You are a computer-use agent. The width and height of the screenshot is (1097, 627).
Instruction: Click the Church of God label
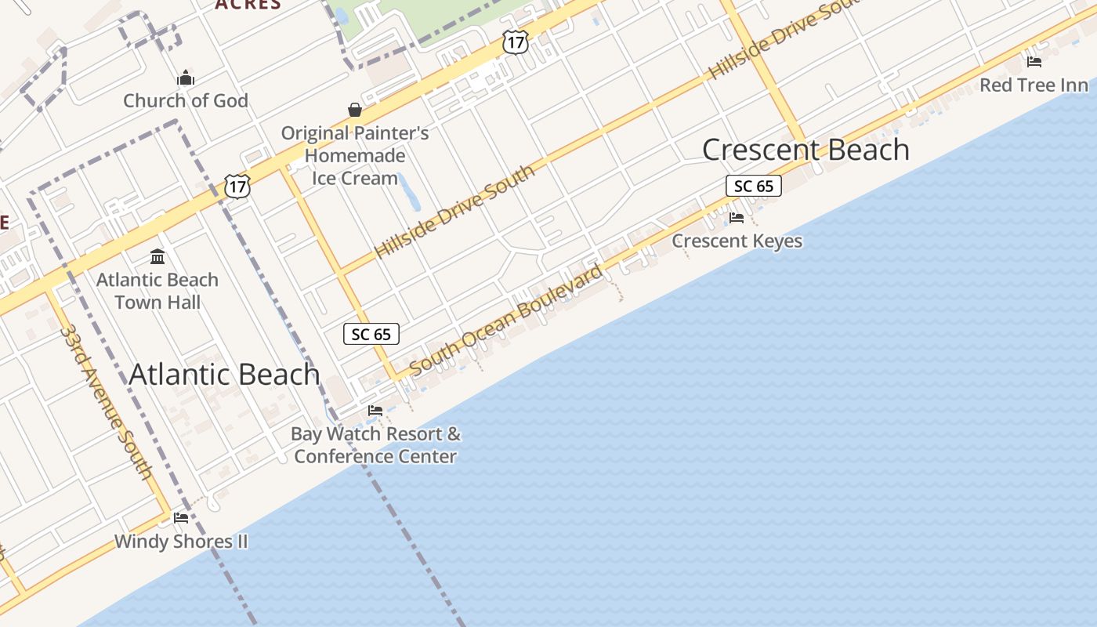pos(186,100)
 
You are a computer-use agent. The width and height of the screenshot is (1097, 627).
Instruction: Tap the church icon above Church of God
pos(186,77)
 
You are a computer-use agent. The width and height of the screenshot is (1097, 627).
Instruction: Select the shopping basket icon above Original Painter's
pos(355,110)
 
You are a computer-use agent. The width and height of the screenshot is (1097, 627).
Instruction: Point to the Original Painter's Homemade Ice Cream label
pos(355,155)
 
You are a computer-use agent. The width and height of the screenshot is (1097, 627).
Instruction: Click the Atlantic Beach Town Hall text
pos(157,291)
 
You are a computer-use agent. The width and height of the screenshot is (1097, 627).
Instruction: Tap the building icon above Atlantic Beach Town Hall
pos(157,256)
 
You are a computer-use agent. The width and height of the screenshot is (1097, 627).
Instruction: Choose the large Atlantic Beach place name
pos(224,375)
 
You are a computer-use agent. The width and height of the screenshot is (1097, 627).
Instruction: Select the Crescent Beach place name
pos(806,150)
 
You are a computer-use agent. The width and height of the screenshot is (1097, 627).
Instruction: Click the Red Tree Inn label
pos(1034,85)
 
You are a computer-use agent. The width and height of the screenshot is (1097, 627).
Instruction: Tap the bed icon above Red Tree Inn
pos(1034,61)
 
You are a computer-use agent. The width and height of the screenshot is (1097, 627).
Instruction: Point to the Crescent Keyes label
pos(737,241)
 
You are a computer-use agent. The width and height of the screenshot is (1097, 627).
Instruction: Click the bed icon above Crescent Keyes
pos(737,217)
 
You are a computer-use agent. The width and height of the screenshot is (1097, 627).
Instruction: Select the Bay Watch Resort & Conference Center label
pos(375,444)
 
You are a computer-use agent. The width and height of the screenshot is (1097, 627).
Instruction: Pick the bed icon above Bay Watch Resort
pos(375,410)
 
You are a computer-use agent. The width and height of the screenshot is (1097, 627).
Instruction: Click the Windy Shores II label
pos(181,541)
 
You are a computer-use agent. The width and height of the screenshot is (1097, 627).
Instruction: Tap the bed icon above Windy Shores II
pos(181,517)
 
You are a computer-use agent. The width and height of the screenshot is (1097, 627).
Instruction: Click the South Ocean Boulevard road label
pos(505,319)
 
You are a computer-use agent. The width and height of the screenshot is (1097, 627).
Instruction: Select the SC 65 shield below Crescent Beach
pos(753,186)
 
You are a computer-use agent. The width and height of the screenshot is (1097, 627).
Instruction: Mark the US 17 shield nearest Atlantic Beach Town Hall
pos(237,186)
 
